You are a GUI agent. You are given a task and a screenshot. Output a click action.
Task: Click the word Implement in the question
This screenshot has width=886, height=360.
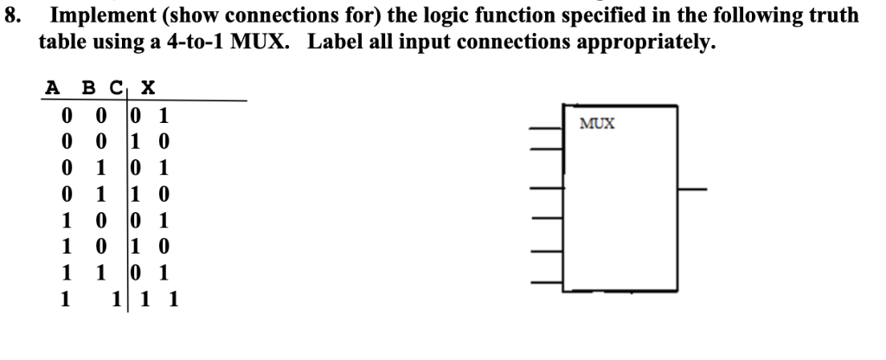[x=97, y=15]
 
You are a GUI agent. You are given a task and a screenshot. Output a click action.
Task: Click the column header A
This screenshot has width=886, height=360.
[x=54, y=87]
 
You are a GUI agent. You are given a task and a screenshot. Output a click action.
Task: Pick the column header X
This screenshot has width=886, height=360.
[x=148, y=87]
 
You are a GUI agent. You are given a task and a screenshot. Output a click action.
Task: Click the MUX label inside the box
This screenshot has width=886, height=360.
[x=598, y=124]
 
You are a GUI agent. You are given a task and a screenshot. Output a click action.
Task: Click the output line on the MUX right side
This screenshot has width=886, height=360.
[x=692, y=188]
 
